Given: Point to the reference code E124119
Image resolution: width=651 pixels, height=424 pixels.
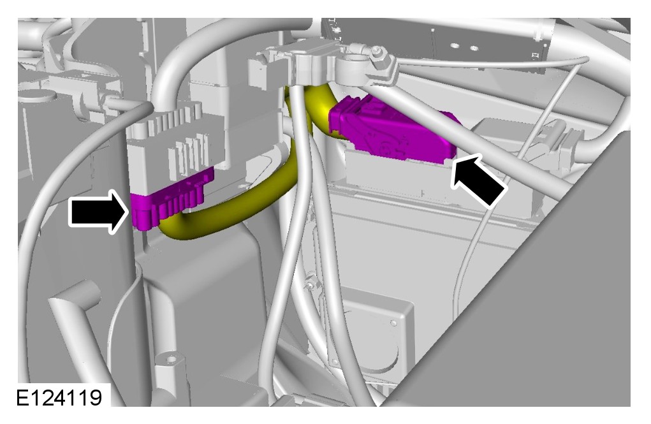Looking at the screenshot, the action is (x=59, y=398).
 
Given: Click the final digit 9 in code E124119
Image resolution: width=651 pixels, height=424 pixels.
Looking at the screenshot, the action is (x=96, y=398).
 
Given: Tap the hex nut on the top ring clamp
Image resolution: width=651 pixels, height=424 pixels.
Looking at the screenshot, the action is (x=377, y=51).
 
